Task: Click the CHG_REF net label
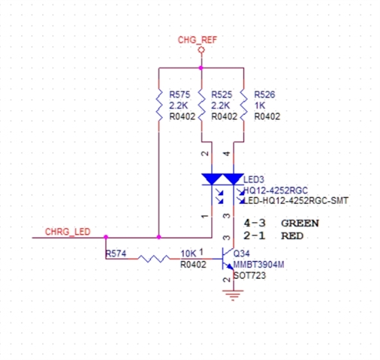(x=198, y=40)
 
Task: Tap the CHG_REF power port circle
(x=201, y=50)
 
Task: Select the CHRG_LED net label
(x=68, y=232)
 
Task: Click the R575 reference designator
(x=179, y=94)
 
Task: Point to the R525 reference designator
(x=222, y=94)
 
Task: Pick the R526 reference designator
(x=264, y=94)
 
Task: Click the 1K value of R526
(x=260, y=106)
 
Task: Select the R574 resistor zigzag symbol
(x=153, y=259)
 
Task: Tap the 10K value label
(x=188, y=253)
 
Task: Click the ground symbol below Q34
(x=234, y=295)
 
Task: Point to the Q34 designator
(x=242, y=253)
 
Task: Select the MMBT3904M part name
(x=258, y=265)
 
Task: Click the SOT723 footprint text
(x=249, y=275)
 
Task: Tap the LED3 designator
(x=254, y=179)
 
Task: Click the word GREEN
(x=300, y=223)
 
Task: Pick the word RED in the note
(x=292, y=235)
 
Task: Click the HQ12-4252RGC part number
(x=276, y=190)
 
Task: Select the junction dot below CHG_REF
(x=201, y=67)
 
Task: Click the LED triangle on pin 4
(x=234, y=179)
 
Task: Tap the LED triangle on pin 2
(x=212, y=179)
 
